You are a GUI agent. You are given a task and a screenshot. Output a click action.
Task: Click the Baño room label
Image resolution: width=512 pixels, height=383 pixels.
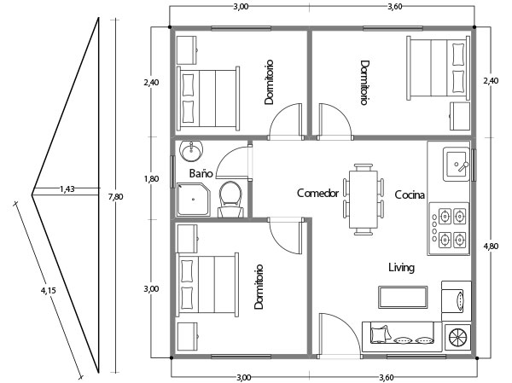[x=201, y=173]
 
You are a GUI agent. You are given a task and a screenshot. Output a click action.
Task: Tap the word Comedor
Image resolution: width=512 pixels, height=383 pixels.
[x=317, y=194]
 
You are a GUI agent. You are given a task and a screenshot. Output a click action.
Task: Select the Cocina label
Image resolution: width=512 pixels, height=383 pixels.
[x=410, y=195]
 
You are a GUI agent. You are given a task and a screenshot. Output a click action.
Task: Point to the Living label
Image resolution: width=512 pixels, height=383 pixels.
[x=402, y=268]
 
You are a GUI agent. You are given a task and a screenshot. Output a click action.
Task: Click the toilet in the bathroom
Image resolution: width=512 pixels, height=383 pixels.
[x=230, y=199]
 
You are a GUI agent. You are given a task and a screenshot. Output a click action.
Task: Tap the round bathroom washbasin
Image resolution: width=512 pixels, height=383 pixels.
[x=191, y=151]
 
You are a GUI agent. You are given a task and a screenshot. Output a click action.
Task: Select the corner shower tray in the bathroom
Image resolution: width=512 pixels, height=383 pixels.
[x=194, y=199]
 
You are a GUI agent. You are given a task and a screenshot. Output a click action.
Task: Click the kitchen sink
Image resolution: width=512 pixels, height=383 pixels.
[x=456, y=164]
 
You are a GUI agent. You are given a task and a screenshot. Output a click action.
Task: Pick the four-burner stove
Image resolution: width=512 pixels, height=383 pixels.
[x=449, y=229]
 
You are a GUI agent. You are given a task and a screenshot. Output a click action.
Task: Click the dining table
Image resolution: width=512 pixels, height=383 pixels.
[x=364, y=199]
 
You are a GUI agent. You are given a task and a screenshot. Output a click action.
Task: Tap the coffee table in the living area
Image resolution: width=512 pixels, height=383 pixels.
[x=403, y=297]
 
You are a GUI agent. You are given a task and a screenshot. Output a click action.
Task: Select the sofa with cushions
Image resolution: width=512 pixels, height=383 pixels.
[x=402, y=337]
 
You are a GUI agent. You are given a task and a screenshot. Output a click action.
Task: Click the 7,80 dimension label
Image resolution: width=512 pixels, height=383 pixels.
[x=115, y=197]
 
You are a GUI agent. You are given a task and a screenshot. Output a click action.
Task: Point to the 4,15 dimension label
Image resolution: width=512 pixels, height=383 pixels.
[x=49, y=290]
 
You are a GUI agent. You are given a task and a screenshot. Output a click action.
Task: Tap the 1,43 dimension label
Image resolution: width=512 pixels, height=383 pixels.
[x=67, y=189]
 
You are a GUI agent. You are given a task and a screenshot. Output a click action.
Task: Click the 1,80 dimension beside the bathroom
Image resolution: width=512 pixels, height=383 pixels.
[x=152, y=179]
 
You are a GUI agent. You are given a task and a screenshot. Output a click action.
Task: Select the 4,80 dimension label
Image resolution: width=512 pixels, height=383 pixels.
[x=491, y=246]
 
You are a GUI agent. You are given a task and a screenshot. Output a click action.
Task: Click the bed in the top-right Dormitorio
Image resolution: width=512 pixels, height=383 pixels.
[x=438, y=68]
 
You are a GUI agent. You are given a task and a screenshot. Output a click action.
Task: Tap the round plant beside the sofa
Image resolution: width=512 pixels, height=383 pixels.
[x=457, y=337]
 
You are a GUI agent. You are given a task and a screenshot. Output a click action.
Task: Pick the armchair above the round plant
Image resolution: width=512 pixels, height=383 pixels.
[x=457, y=301]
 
